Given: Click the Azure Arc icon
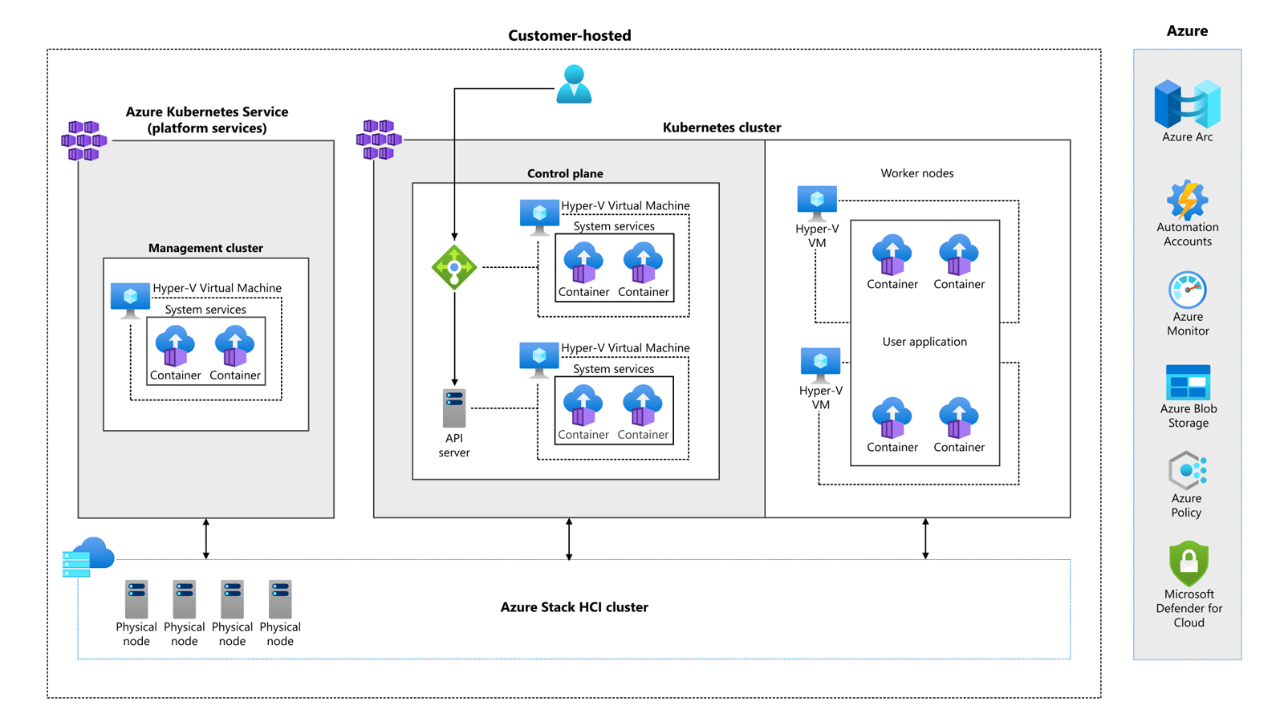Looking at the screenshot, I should click(1187, 104).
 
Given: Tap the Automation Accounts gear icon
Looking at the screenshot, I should click(1187, 199).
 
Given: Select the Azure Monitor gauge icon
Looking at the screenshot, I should click(1187, 290).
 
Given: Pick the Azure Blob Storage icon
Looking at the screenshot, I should click(1188, 382).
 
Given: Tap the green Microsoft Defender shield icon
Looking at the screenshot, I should click(1189, 562).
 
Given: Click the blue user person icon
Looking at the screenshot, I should click(574, 84).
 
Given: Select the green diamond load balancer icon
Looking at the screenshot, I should click(454, 267).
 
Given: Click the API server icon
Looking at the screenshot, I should click(454, 408).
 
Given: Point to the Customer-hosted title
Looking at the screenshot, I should click(570, 35).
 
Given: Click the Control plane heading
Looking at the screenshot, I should click(565, 173).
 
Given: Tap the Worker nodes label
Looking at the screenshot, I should click(916, 173).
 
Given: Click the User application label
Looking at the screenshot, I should click(924, 342).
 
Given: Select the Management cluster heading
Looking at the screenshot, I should click(205, 248).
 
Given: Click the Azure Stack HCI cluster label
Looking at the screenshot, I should click(574, 607).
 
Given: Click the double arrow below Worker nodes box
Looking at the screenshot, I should click(925, 538).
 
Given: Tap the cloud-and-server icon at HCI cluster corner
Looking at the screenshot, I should click(87, 557).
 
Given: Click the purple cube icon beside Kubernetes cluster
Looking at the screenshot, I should click(379, 140).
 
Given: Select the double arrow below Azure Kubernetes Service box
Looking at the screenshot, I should click(206, 538).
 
